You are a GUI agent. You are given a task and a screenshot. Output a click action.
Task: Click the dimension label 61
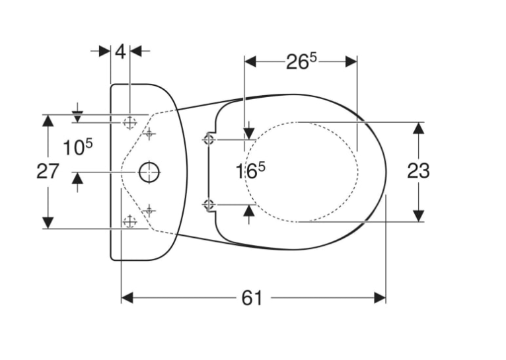pyautogui.click(x=252, y=298)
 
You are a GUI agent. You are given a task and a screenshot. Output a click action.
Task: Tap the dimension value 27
pyautogui.click(x=48, y=171)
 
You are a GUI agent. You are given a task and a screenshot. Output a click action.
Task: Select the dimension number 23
pyautogui.click(x=418, y=170)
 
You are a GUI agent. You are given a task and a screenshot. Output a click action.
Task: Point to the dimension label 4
pyautogui.click(x=120, y=52)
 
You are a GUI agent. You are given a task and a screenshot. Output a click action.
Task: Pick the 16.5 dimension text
pyautogui.click(x=250, y=170)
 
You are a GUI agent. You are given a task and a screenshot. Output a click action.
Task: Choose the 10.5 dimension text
pyautogui.click(x=77, y=147)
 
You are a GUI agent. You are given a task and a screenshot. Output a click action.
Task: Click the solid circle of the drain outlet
pyautogui.click(x=149, y=172)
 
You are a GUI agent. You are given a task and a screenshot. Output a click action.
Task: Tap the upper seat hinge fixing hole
pyautogui.click(x=209, y=139)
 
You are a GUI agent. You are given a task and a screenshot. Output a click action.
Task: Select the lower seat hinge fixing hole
pyautogui.click(x=209, y=204)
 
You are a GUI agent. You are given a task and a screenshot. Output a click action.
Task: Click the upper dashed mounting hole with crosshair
pyautogui.click(x=129, y=123)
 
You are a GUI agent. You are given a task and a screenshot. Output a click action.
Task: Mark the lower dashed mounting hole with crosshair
pyautogui.click(x=129, y=221)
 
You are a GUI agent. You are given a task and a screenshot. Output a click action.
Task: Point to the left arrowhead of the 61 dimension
pyautogui.click(x=127, y=298)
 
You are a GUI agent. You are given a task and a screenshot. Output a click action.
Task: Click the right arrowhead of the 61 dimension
pyautogui.click(x=380, y=298)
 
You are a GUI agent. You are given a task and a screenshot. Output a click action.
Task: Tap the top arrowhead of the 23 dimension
pyautogui.click(x=419, y=128)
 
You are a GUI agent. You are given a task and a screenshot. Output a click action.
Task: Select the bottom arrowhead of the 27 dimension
pyautogui.click(x=48, y=223)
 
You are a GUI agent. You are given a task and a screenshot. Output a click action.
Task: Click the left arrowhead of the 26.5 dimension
pyautogui.click(x=250, y=61)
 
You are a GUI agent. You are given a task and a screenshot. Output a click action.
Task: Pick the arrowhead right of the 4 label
pyautogui.click(x=135, y=51)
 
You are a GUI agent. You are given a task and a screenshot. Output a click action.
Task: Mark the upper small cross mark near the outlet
pyautogui.click(x=149, y=133)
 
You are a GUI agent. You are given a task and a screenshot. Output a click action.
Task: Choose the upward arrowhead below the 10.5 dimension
pyautogui.click(x=77, y=178)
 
